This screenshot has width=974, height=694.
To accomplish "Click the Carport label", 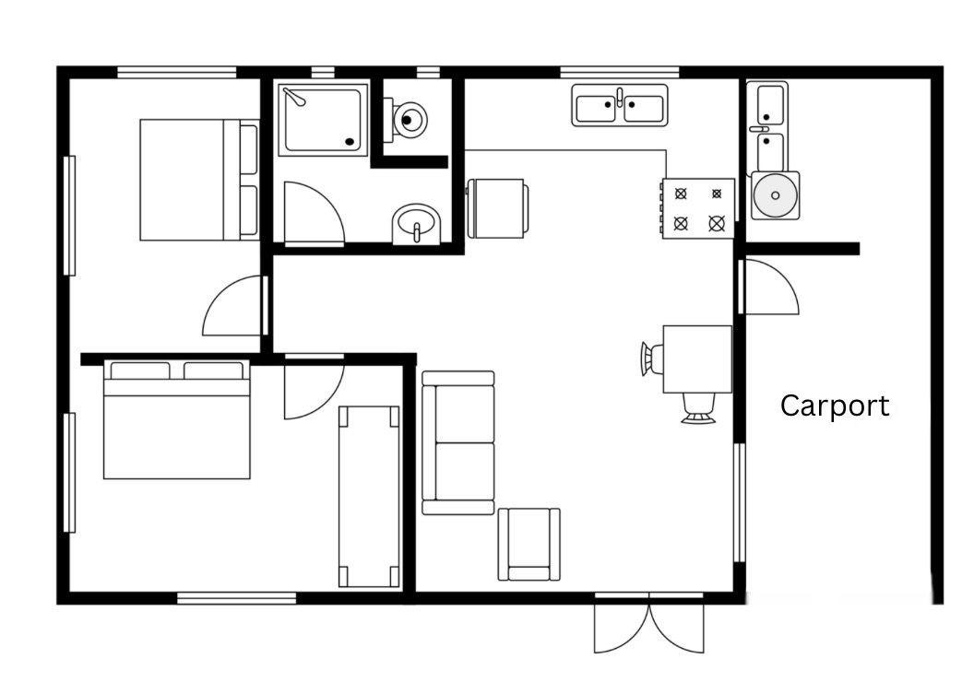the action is point(834,406).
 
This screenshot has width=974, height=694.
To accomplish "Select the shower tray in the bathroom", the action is point(322,120).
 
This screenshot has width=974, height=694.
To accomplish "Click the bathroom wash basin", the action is point(416,224).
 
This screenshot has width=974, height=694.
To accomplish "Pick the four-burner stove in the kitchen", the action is point(698,208).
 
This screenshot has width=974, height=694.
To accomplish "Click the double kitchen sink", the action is point(619,105).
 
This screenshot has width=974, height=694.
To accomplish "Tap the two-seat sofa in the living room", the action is point(458,443).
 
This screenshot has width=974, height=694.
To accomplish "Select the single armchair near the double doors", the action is point(529,545).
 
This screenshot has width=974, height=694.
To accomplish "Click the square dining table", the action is point(697,359).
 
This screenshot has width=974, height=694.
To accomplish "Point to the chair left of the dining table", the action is point(651,359).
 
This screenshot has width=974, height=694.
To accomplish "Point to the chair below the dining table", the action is point(699,408).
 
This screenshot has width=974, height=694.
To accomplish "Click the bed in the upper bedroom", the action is point(199,180).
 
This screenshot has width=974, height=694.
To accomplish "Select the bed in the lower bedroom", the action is point(176,419).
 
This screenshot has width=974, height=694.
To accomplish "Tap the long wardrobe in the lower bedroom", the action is point(369,497).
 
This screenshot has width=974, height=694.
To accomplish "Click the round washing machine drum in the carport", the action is point(775,194).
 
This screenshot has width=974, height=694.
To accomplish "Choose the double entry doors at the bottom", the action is point(649,623).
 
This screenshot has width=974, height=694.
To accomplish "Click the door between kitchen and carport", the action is point(769,287).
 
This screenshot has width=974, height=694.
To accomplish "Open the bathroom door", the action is point(314,213).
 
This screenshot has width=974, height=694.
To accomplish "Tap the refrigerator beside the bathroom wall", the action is point(497,208).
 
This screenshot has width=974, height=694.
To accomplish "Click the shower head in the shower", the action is point(294,97).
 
